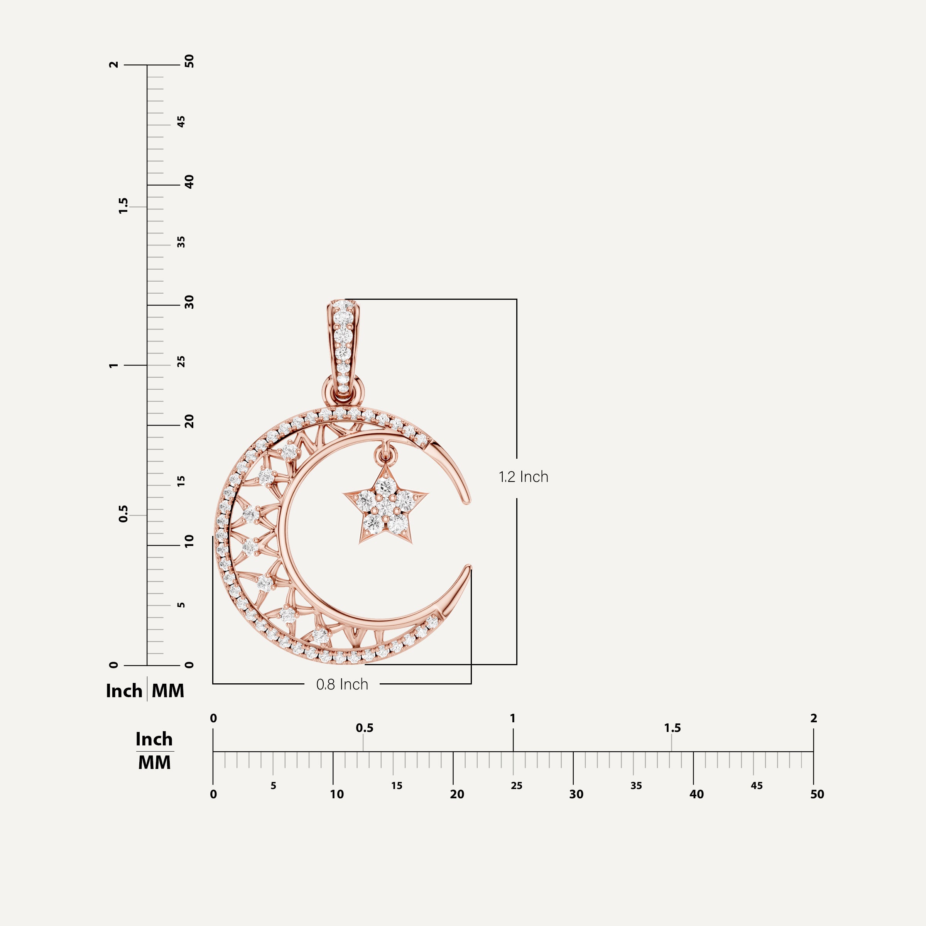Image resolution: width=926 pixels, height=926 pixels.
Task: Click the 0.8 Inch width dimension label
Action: point(342,684)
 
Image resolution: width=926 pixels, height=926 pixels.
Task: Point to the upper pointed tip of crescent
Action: point(466,501)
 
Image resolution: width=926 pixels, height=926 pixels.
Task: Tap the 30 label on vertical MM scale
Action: point(189,302)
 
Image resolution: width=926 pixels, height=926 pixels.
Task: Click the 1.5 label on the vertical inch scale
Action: point(123,206)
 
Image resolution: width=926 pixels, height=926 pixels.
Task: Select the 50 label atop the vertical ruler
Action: point(189,61)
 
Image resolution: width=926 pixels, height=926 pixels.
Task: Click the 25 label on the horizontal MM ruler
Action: point(516,786)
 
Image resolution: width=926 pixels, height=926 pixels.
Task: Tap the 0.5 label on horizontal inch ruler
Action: point(364,728)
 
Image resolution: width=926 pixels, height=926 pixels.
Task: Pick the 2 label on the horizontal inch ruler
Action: point(813,718)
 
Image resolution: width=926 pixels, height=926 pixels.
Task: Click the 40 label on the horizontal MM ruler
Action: point(696,794)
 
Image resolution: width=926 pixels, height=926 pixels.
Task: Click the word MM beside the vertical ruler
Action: point(168,691)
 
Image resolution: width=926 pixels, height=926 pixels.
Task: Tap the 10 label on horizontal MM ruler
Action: point(336,794)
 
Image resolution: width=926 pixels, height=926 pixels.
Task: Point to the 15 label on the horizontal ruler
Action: point(396,786)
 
